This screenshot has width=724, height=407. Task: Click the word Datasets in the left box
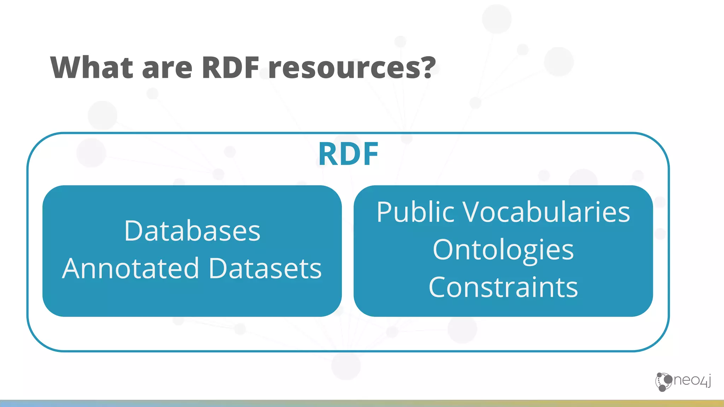point(265,269)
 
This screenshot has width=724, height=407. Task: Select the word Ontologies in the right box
point(503,250)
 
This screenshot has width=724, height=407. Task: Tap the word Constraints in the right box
point(503,287)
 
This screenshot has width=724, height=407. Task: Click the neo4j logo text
point(692,381)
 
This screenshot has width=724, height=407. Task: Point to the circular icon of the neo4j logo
point(664,382)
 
